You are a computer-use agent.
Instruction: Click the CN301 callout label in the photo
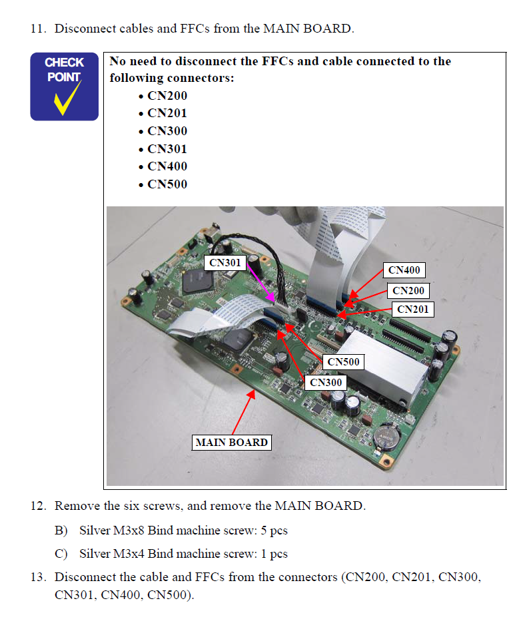coord(225,262)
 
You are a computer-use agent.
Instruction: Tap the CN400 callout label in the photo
coord(404,270)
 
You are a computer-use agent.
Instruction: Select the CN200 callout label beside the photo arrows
coord(408,290)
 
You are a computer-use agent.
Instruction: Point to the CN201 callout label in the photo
coord(413,309)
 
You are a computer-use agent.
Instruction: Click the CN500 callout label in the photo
coord(343,362)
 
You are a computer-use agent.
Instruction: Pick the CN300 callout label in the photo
coord(326,382)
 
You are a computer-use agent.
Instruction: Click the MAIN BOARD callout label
coord(232,442)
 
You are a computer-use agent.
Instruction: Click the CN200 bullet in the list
coord(167,96)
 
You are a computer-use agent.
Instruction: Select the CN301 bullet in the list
coord(167,148)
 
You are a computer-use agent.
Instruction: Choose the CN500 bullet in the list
coord(167,184)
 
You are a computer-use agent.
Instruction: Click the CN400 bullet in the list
coord(167,166)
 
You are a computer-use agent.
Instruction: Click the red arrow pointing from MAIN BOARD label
coord(243,413)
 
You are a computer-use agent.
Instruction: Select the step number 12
coord(39,506)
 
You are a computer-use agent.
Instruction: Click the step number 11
coord(39,29)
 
